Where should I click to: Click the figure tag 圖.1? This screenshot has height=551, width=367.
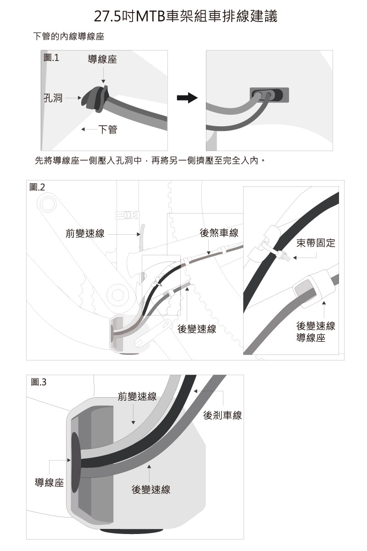[x=51, y=58]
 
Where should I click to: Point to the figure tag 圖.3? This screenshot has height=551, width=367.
[x=39, y=382]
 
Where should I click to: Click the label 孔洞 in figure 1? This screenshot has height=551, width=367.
[x=53, y=98]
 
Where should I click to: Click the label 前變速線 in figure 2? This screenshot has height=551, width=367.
[x=85, y=234]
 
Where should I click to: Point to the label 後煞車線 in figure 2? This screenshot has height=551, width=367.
[x=219, y=233]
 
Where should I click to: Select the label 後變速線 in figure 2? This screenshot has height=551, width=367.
[x=197, y=330]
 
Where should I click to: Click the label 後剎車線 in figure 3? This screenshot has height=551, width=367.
[x=222, y=416]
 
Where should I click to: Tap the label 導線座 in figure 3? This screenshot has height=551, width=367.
[x=50, y=483]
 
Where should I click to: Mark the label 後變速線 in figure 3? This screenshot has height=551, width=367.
[x=151, y=489]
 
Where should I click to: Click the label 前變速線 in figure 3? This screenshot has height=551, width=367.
[x=137, y=396]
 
